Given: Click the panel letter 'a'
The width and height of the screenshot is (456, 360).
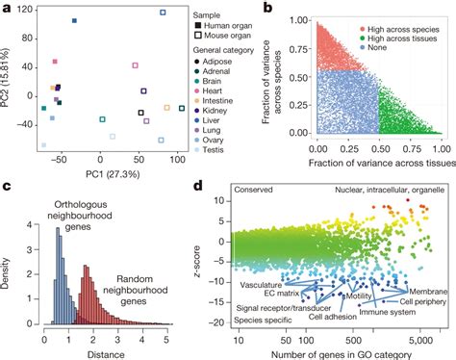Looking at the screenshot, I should click(6, 7).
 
